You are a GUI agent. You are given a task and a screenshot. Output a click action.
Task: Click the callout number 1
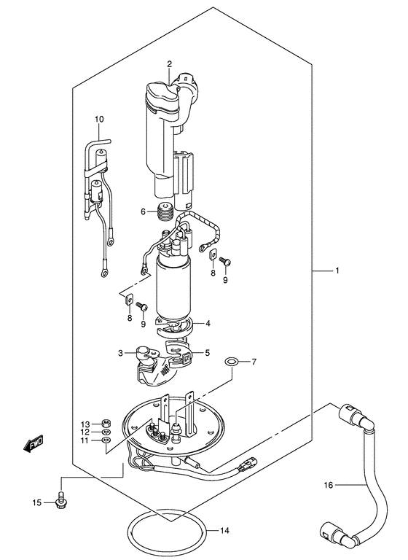(337, 271)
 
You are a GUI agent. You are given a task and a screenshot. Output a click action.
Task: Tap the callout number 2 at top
(169, 65)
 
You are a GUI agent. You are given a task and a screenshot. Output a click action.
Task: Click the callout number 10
(99, 119)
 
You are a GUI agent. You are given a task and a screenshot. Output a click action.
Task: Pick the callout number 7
(254, 362)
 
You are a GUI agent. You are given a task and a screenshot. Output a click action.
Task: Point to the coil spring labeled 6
(167, 213)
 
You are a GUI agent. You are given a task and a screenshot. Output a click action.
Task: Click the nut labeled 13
(106, 423)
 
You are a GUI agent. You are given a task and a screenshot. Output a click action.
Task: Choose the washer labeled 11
(106, 440)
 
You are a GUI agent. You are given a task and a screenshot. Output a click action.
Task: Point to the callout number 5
(207, 353)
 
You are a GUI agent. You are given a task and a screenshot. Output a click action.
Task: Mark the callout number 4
(208, 323)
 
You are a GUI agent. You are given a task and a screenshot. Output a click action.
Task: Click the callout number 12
(85, 432)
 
